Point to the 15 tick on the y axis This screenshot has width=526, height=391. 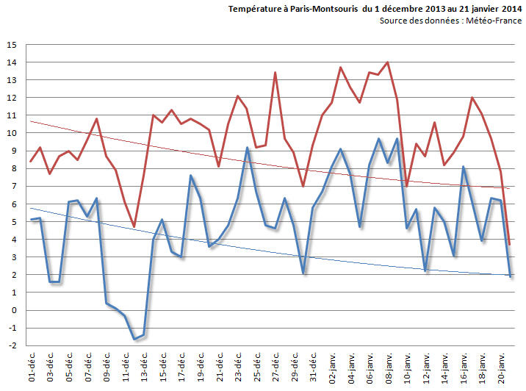(12, 45)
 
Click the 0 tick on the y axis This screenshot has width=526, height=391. (14, 310)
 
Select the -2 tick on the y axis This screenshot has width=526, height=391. (12, 345)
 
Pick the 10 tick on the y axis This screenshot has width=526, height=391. (12, 133)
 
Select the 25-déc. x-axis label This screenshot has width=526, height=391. (256, 367)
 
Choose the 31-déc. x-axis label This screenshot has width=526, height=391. (313, 367)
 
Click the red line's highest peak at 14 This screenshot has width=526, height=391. (388, 62)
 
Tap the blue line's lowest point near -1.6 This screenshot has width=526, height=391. (134, 339)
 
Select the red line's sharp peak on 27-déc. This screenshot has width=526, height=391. (275, 73)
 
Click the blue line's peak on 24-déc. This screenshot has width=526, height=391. (247, 148)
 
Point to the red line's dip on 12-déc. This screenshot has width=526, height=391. (134, 226)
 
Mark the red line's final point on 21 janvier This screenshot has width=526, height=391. (509, 244)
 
